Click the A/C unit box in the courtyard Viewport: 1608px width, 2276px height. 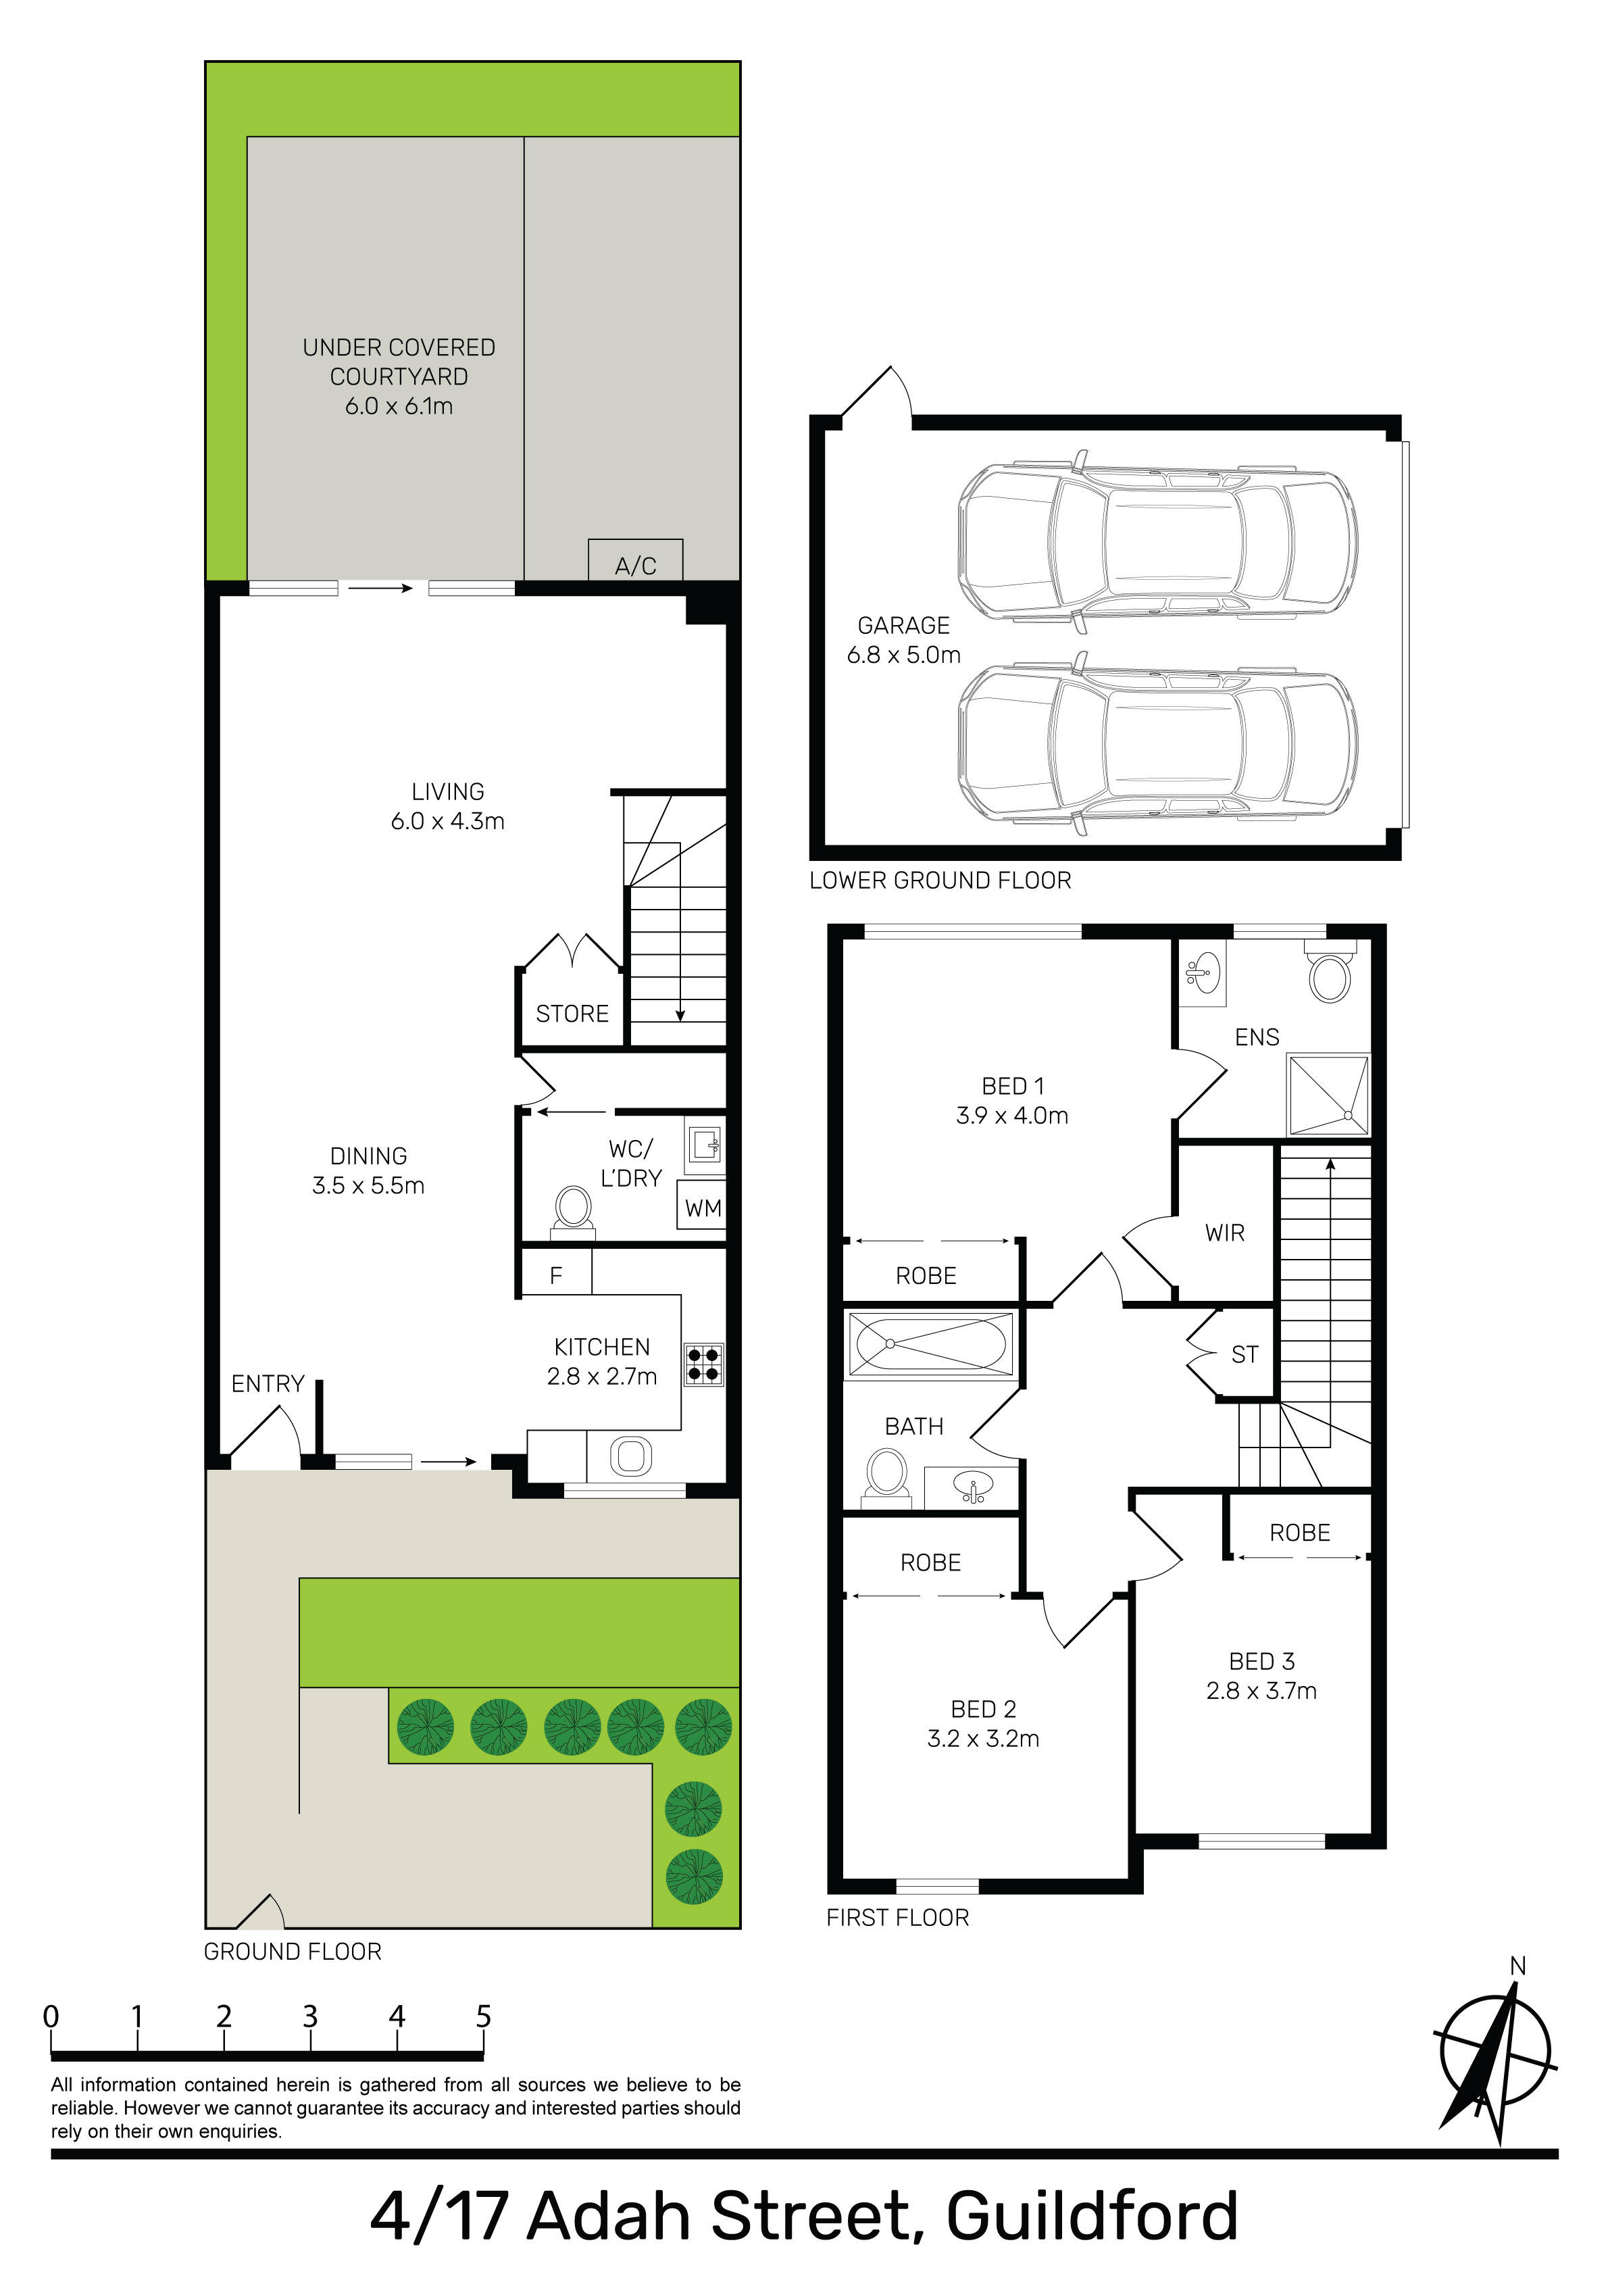click(x=636, y=560)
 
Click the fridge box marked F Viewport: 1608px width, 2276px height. click(x=556, y=1272)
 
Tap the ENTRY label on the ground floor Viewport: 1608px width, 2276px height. click(x=268, y=1384)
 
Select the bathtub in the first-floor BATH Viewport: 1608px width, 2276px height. click(x=929, y=1344)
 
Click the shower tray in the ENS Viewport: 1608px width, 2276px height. click(x=1328, y=1094)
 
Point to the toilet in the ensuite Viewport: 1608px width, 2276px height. click(x=1330, y=974)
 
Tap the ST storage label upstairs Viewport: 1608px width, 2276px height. click(x=1245, y=1354)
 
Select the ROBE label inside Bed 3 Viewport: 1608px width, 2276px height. click(x=1300, y=1533)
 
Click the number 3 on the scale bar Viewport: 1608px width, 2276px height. click(x=310, y=2017)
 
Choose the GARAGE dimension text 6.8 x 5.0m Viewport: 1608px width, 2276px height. click(x=903, y=654)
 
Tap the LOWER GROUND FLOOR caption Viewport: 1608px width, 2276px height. click(x=940, y=881)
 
